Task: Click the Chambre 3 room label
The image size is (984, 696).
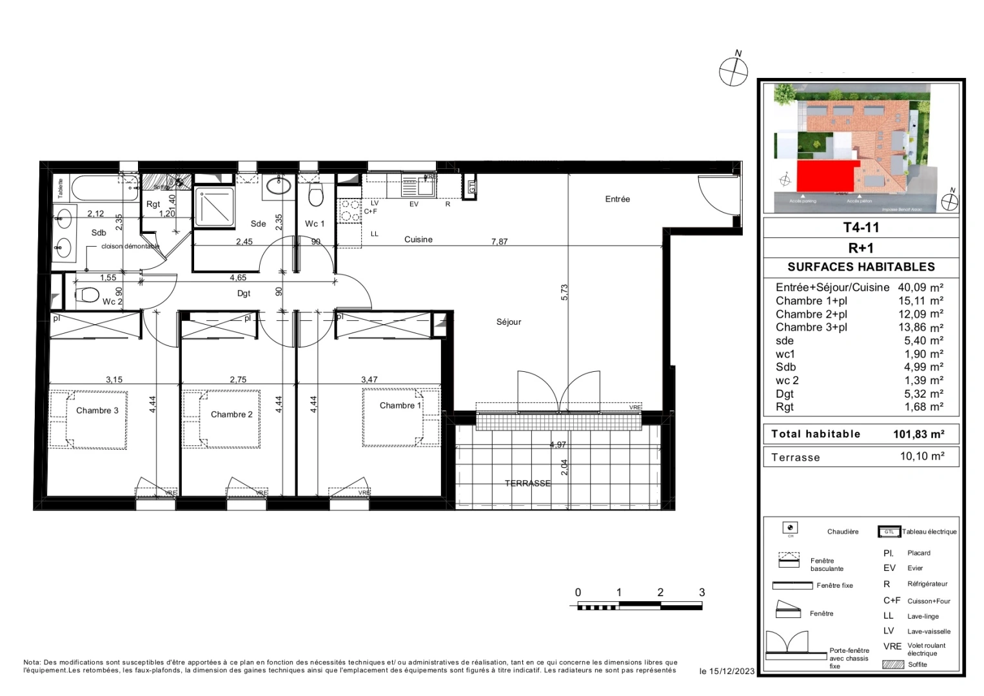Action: click(97, 411)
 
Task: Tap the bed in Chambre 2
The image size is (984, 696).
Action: click(221, 419)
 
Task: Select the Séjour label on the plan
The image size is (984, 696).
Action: click(509, 322)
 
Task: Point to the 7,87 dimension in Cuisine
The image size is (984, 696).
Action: click(499, 242)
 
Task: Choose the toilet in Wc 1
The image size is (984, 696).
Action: click(315, 194)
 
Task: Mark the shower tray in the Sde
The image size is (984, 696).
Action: click(215, 207)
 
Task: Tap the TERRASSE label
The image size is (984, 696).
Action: click(527, 483)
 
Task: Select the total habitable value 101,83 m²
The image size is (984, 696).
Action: click(918, 434)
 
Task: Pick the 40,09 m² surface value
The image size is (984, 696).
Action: click(920, 287)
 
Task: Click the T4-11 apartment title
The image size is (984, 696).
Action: click(861, 227)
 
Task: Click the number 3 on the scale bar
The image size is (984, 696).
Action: click(702, 592)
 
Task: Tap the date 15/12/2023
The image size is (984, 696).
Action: click(732, 672)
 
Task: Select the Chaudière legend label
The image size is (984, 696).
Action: click(843, 532)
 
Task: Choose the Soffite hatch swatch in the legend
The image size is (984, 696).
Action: click(892, 664)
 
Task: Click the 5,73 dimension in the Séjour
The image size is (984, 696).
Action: click(565, 293)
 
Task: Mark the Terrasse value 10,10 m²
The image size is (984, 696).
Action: click(922, 456)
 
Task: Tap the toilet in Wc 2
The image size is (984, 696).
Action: click(87, 296)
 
